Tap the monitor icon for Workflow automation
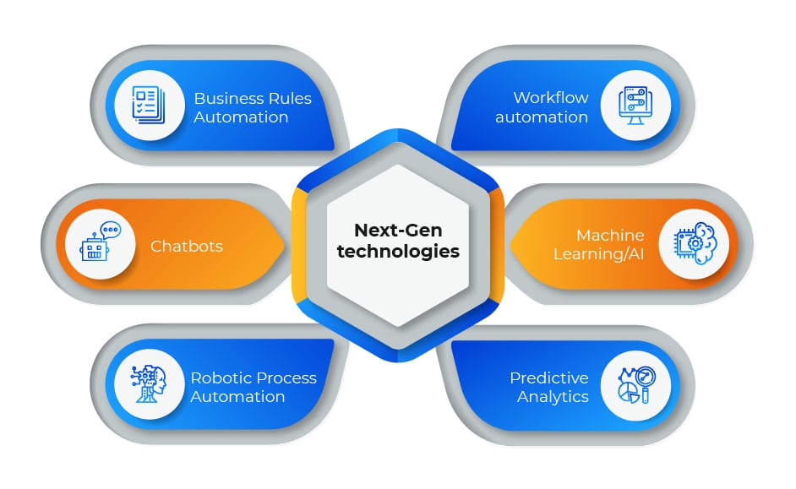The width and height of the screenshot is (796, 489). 635,106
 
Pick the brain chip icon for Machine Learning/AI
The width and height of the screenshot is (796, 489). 693,244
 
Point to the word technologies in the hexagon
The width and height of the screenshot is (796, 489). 397,251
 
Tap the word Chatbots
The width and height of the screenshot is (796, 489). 187,246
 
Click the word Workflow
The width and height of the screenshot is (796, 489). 550,97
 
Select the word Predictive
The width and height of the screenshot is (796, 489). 548,378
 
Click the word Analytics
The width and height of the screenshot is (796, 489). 553,396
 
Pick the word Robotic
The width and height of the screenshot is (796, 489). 219,378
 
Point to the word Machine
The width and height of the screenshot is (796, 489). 610,235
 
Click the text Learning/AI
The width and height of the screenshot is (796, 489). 598,253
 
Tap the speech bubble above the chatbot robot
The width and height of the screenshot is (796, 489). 110,229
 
